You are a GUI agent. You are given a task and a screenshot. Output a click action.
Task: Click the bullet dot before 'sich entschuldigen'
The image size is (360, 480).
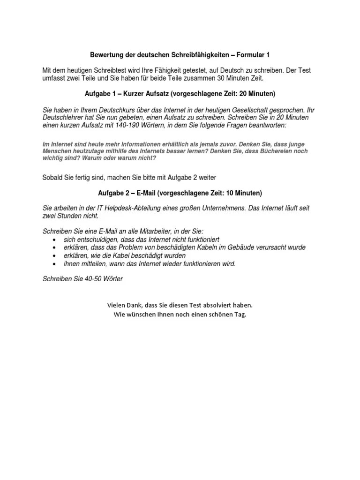[x=55, y=240]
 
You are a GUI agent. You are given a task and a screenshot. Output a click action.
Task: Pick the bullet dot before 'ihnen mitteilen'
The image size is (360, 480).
[x=55, y=264]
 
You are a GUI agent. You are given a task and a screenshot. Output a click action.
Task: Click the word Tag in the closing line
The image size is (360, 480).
[x=240, y=314]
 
